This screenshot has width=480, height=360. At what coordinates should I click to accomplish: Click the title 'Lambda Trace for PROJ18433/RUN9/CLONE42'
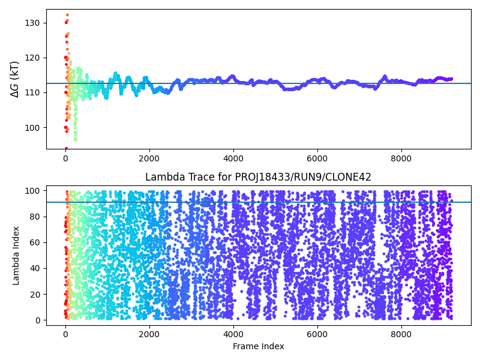[x=258, y=177]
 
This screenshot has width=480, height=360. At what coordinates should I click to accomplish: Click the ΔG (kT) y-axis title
[x=15, y=79]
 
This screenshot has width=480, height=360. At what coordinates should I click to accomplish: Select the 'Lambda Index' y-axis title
[x=16, y=255]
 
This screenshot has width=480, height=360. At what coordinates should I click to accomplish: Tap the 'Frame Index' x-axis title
[x=258, y=346]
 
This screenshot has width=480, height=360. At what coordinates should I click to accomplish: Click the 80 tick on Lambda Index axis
[x=34, y=217]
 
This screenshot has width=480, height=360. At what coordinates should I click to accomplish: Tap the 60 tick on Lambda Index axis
[x=34, y=242]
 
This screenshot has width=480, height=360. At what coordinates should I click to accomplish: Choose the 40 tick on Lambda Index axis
[x=34, y=268]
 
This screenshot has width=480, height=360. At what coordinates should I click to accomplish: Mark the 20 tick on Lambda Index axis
[x=34, y=294]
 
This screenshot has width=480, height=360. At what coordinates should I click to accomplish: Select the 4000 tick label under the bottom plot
[x=233, y=333]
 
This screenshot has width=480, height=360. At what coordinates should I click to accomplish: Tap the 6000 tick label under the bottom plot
[x=317, y=333]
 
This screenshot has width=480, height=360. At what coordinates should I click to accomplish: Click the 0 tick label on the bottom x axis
[x=65, y=333]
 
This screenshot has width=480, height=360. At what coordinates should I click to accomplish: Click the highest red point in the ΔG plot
[x=67, y=15]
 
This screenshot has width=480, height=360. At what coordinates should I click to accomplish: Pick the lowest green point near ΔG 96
[x=76, y=139]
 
